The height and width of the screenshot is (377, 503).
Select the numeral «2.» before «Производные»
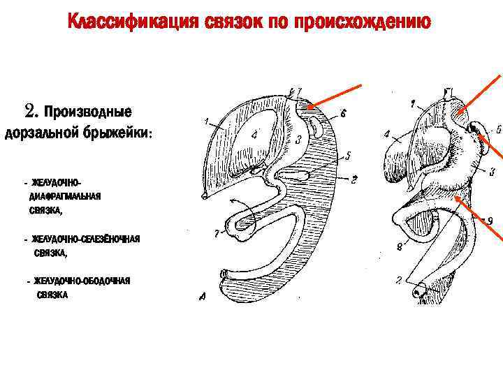[x=32, y=111]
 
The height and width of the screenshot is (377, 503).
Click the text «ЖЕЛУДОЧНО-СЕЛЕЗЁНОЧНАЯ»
[x=85, y=239]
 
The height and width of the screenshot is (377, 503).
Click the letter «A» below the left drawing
[x=202, y=297]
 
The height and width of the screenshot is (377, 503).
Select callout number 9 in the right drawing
[x=490, y=221]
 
